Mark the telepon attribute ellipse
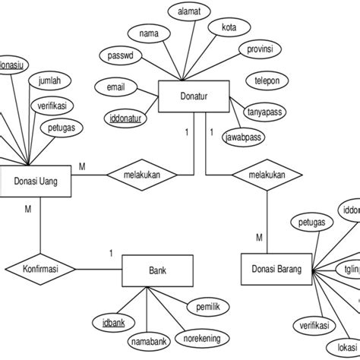click(266, 78)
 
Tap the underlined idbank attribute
click(114, 322)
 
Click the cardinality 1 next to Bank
click(110, 253)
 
